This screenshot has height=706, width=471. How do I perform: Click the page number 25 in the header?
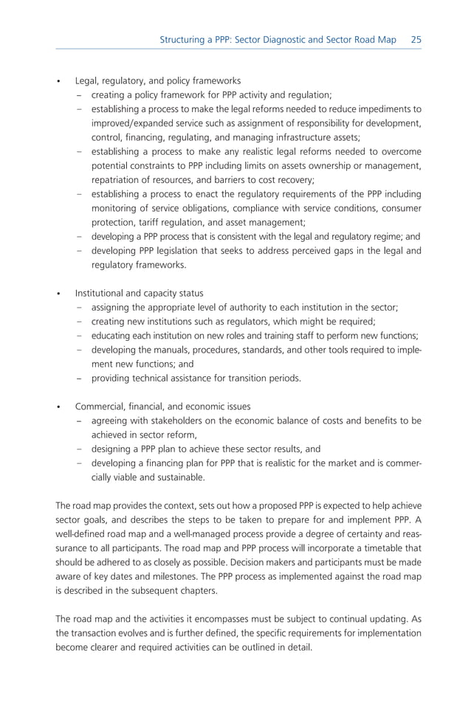coord(416,39)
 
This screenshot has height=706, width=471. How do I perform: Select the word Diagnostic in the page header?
coord(293,39)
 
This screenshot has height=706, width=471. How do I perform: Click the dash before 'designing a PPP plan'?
coord(79,449)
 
